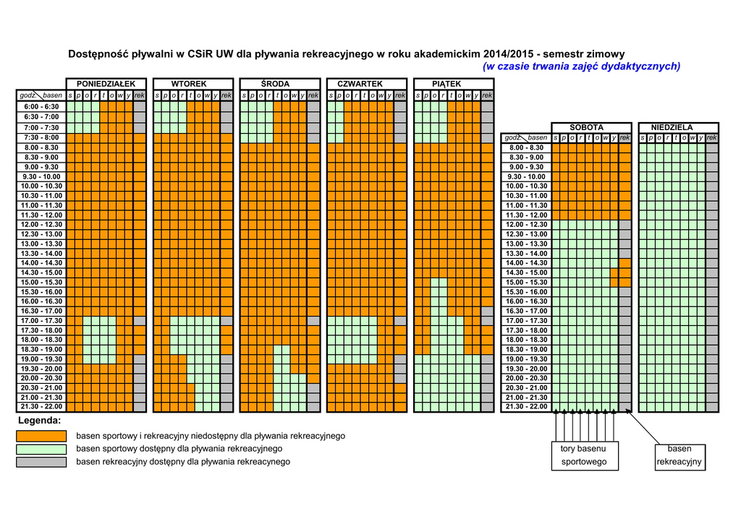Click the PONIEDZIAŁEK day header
point(106,84)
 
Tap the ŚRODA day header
point(276,84)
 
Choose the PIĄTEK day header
point(446,84)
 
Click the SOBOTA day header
point(586,127)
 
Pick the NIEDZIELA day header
point(672,127)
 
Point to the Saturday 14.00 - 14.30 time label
point(526,263)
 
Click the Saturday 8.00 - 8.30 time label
point(526,147)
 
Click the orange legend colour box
point(41,437)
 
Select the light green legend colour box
point(41,449)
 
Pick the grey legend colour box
point(41,462)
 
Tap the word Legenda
point(39,421)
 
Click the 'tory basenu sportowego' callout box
point(584,455)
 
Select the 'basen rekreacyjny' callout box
point(679,455)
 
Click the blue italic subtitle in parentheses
point(581,66)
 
